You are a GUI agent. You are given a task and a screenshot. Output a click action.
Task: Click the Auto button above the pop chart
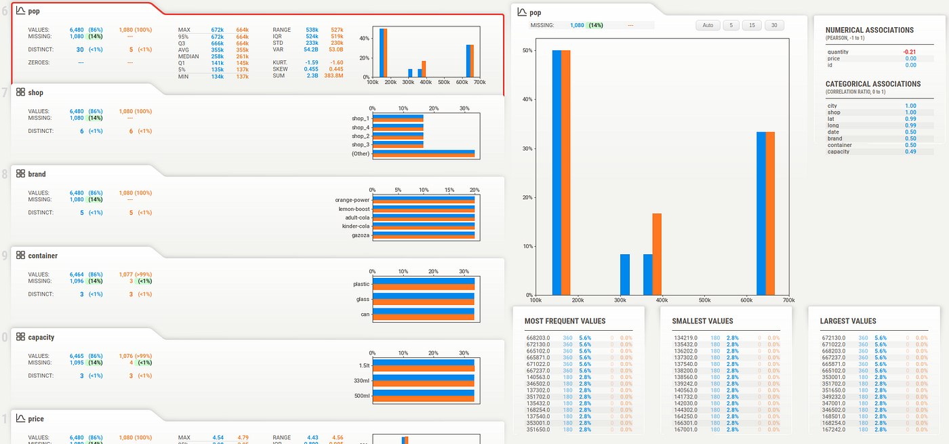tap(708, 25)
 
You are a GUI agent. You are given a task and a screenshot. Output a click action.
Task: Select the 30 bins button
tap(773, 25)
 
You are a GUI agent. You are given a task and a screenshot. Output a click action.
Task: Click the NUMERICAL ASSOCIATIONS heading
tap(870, 30)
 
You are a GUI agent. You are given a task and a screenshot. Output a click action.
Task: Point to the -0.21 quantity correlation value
tap(909, 52)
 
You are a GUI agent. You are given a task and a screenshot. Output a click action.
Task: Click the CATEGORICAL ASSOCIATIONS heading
tap(873, 84)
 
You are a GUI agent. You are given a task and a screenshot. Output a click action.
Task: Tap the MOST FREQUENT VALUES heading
tap(565, 321)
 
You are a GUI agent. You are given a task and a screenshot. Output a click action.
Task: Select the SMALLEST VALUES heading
tap(702, 321)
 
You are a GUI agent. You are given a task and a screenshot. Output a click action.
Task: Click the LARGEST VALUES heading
tap(848, 321)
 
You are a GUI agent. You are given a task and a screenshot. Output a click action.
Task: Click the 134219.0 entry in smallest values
tap(688, 337)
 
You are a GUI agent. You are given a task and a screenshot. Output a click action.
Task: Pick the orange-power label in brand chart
tap(352, 200)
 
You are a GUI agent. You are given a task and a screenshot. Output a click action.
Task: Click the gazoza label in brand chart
tap(361, 235)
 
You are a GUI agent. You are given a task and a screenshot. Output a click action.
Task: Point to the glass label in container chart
tap(363, 299)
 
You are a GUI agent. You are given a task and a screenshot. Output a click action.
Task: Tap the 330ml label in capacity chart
tap(361, 380)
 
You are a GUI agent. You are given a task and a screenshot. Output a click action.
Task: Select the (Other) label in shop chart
tap(360, 154)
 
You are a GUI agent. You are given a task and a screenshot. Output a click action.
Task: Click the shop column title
tap(36, 93)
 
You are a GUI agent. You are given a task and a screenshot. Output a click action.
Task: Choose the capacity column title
tap(41, 337)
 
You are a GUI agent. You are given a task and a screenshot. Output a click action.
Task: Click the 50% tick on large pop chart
tap(527, 50)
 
